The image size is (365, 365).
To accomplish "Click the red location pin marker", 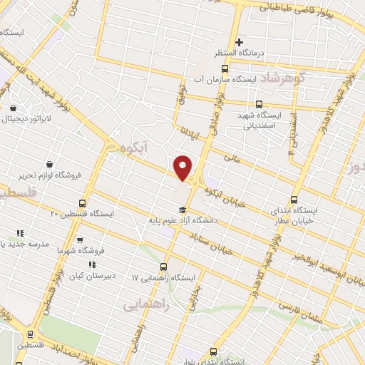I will coord(183,168).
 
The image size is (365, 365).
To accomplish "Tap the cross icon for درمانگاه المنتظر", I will coord(240,42).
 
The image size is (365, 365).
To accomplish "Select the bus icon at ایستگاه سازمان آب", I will coord(225,69).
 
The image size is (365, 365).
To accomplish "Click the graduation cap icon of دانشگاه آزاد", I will coord(182,210).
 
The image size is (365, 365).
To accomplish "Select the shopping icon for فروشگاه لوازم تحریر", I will coord(48,163).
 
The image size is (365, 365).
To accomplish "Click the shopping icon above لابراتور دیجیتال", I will coord(13,108).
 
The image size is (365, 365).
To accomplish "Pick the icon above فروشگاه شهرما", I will coord(79,240).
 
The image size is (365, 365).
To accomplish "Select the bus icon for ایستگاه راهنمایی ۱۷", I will coord(165,267).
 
